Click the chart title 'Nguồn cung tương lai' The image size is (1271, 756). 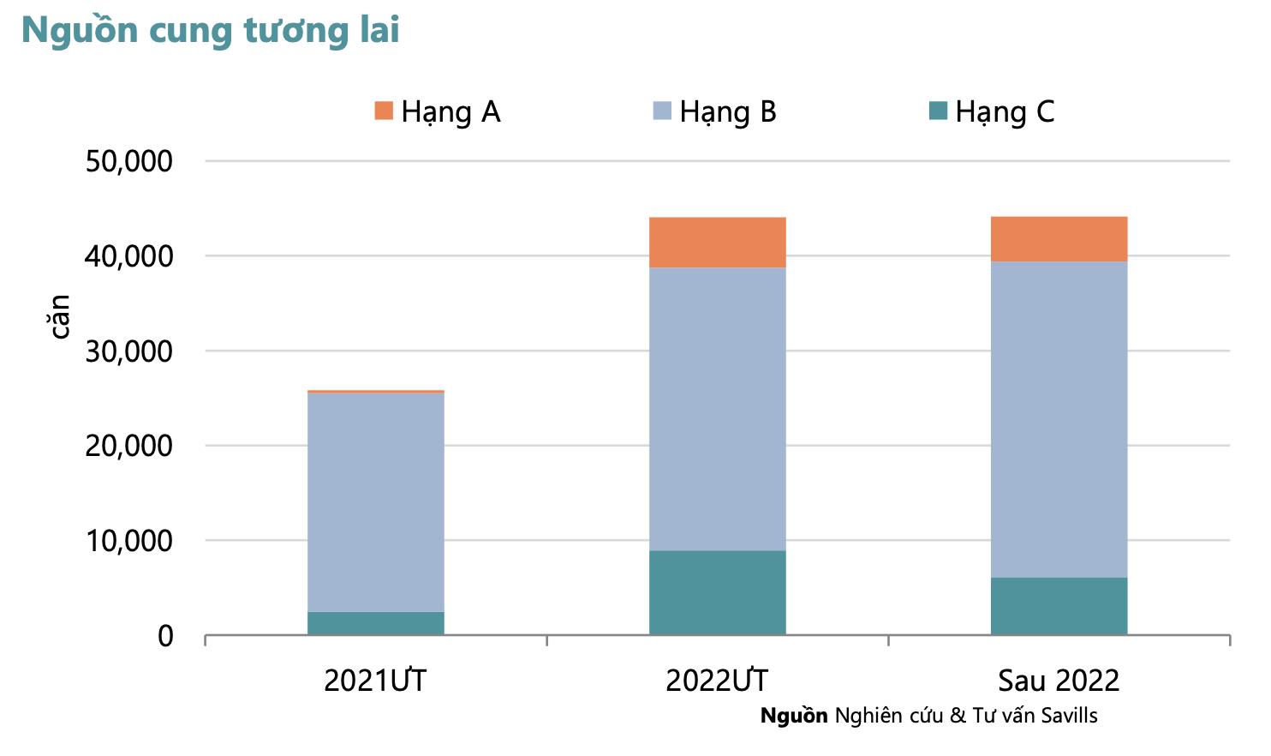click(210, 31)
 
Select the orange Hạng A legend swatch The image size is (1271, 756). click(384, 111)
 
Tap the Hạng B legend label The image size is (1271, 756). click(727, 112)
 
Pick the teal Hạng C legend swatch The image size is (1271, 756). click(938, 111)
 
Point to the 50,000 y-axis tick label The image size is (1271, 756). click(128, 161)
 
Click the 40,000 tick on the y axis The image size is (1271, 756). click(128, 256)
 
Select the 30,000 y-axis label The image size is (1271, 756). click(128, 351)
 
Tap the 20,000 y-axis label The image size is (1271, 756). click(128, 446)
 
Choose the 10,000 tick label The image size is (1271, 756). click(128, 541)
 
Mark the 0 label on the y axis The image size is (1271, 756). click(165, 636)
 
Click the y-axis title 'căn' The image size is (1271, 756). click(58, 316)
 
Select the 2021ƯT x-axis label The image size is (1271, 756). click(375, 681)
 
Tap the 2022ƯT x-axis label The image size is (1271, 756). click(717, 681)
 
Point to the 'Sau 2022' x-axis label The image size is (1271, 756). click(1059, 681)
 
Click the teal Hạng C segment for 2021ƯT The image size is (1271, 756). click(375, 623)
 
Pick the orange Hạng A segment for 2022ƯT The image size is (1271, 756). click(717, 243)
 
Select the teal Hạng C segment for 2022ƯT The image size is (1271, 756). click(717, 592)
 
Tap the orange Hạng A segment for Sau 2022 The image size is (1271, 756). click(1059, 239)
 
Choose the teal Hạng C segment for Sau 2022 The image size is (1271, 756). click(1059, 606)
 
